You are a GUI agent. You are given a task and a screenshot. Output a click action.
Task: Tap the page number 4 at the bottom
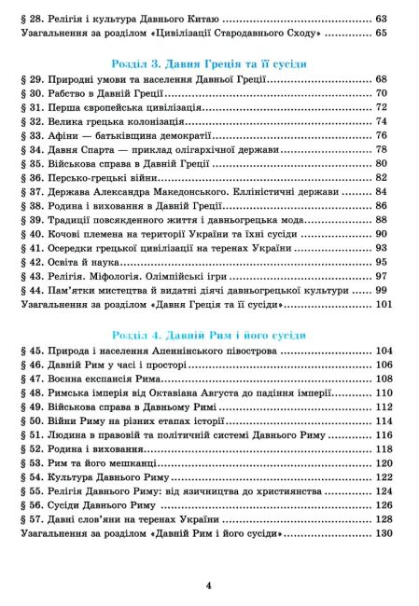pos(209,585)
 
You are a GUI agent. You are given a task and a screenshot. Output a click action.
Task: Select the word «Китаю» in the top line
pos(196,18)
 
